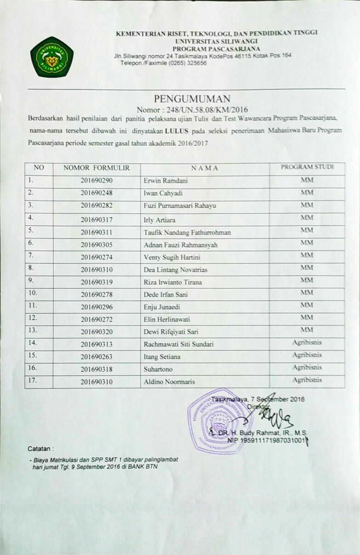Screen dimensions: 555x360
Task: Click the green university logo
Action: click(x=51, y=57)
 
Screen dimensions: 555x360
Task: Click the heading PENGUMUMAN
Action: click(x=192, y=98)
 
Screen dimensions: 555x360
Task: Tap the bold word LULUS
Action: click(x=179, y=131)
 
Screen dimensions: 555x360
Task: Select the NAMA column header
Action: click(x=205, y=168)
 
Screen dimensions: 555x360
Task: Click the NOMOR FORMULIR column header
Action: click(x=97, y=168)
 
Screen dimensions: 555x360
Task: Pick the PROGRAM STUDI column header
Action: click(x=307, y=167)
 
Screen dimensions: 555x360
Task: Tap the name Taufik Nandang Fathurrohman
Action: click(x=187, y=233)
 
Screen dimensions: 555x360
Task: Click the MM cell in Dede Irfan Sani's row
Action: click(x=307, y=292)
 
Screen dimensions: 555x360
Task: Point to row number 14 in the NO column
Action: click(x=33, y=342)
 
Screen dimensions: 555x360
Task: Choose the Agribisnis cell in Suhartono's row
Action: click(x=307, y=367)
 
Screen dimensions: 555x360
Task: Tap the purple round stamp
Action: click(x=220, y=421)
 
